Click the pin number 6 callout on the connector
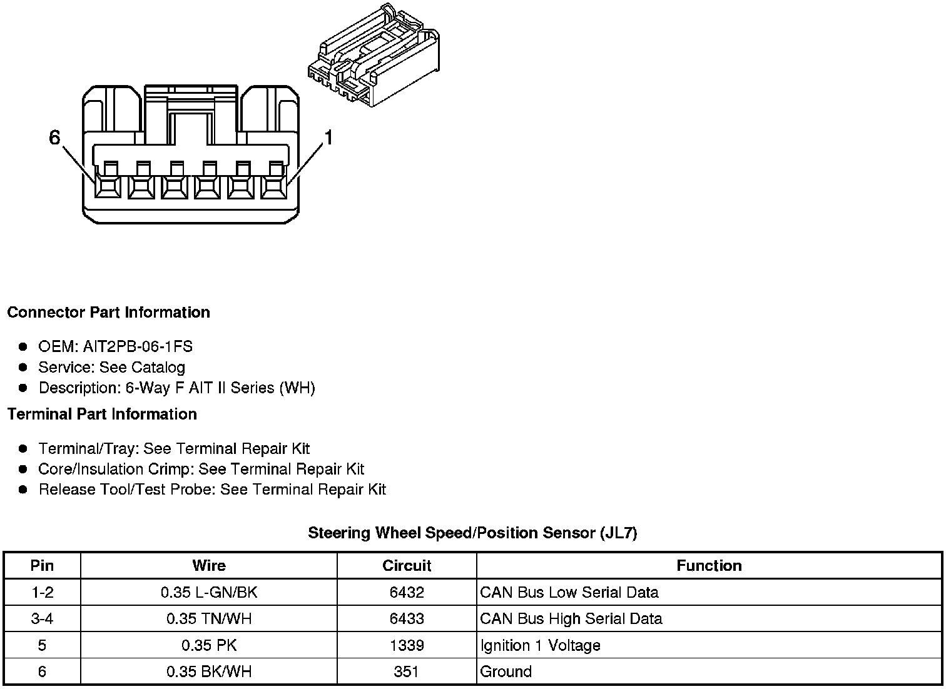pos(55,138)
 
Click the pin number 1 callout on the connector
pos(327,138)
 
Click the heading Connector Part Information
pos(108,312)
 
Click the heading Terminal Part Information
pos(102,414)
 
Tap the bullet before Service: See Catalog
pos(23,367)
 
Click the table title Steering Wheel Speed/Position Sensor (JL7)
pos(472,533)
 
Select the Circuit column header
pos(407,566)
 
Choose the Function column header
pos(709,566)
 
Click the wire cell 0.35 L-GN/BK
pos(209,592)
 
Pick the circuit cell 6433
pos(407,619)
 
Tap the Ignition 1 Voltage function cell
pos(540,645)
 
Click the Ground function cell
pos(506,671)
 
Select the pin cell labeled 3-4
pos(42,619)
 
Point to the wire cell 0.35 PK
pos(209,645)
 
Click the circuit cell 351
pos(407,671)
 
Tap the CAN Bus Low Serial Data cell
pos(569,592)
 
